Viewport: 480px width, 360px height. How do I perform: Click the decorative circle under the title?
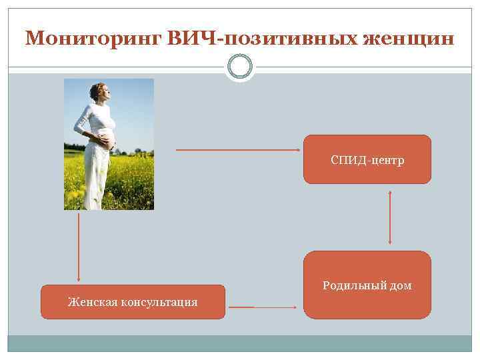point(240,67)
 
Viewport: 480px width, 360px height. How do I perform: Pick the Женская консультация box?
point(133,302)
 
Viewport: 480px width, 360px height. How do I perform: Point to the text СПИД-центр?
point(367,160)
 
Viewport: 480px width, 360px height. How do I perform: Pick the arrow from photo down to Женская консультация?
point(79,247)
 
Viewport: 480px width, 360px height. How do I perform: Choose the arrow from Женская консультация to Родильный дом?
point(263,307)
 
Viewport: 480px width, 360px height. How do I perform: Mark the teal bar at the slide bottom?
point(240,343)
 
